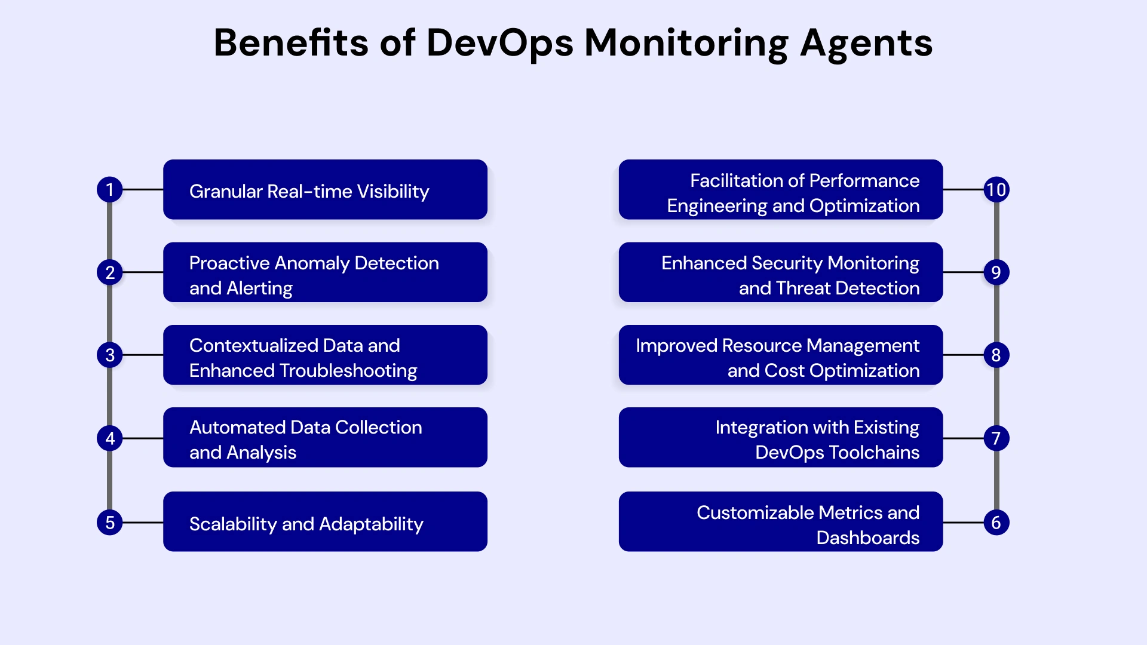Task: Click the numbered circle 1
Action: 109,189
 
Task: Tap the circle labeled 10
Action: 996,189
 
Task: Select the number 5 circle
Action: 109,523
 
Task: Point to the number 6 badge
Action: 996,523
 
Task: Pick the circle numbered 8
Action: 996,355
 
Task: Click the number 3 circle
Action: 109,355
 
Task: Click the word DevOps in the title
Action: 499,44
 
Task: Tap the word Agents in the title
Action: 866,44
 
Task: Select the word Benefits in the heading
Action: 291,42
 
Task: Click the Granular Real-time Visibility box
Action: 325,189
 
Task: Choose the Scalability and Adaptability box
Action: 325,521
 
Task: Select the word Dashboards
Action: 867,537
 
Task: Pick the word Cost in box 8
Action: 784,370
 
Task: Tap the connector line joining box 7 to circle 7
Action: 963,438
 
